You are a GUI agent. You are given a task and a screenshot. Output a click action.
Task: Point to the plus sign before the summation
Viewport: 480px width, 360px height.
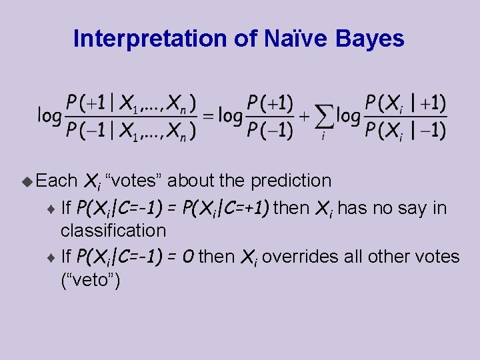tap(303, 116)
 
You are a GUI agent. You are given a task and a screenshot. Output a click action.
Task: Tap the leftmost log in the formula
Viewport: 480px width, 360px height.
tap(49, 116)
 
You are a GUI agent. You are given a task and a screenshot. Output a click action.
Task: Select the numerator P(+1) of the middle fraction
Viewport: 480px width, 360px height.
tap(269, 103)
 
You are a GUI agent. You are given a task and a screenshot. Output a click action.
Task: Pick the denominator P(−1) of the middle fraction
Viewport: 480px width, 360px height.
tap(269, 130)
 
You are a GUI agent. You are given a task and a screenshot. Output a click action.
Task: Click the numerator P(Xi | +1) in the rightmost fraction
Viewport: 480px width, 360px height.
tap(405, 103)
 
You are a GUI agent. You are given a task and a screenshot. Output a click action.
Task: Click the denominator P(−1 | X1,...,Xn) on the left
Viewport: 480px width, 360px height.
tap(131, 130)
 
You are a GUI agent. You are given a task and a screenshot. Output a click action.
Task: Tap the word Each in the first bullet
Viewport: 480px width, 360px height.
tap(57, 181)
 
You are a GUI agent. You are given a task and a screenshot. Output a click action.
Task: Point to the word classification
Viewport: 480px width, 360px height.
tap(113, 231)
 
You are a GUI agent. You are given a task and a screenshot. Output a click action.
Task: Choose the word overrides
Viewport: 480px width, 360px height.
tap(294, 256)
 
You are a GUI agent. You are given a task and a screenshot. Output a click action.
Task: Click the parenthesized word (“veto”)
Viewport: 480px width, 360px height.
tap(90, 281)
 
